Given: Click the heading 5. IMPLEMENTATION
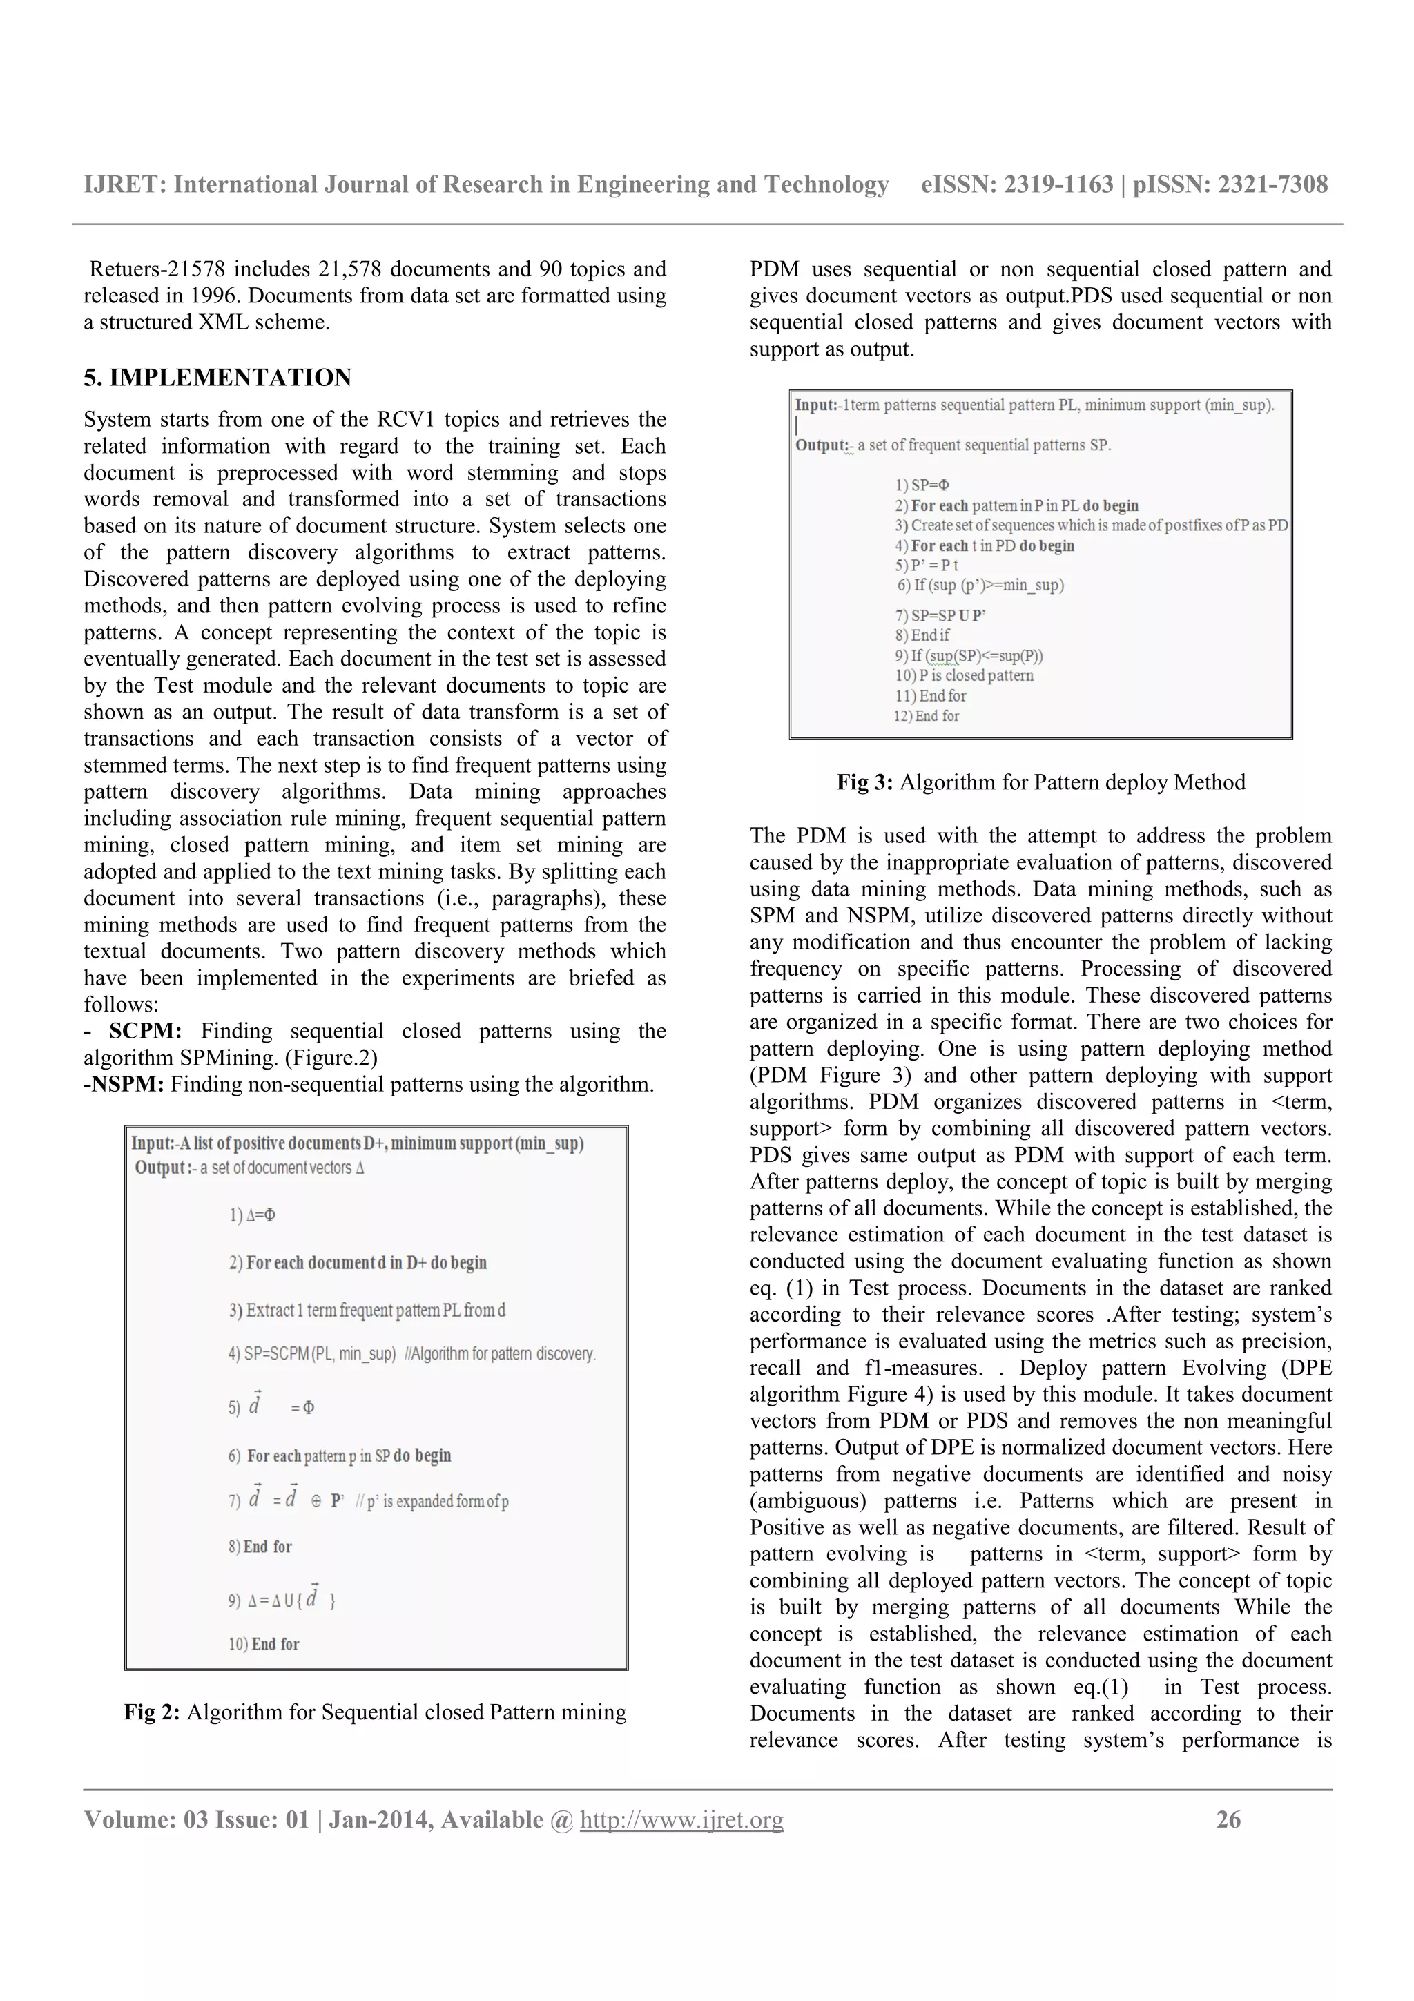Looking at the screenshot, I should (x=217, y=378).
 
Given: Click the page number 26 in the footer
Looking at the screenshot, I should (x=1228, y=1819).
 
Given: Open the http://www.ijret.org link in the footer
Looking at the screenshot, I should (x=681, y=1819).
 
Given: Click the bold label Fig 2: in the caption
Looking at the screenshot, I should (x=153, y=1712).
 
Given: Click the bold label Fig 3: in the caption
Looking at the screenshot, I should (x=864, y=782).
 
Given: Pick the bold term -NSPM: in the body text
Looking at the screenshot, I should (x=124, y=1084).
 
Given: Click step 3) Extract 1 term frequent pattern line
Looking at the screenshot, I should (x=367, y=1310).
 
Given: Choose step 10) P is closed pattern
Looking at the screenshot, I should (x=964, y=675).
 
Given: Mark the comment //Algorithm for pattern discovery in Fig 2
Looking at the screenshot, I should (x=499, y=1353).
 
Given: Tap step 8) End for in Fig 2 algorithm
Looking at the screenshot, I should (x=260, y=1546).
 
